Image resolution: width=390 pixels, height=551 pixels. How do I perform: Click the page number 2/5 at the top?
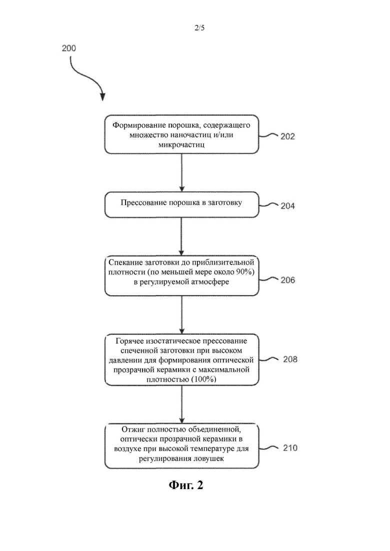[x=199, y=28]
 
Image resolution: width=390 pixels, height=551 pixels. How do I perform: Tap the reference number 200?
[x=69, y=48]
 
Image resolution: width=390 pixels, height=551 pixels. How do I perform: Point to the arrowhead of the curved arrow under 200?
[x=102, y=97]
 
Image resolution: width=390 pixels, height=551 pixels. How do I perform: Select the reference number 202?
[x=287, y=136]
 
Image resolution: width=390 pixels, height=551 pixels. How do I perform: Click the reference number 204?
[x=287, y=206]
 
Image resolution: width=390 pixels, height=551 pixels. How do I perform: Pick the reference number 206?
[x=287, y=280]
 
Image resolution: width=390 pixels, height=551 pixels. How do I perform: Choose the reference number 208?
[x=290, y=359]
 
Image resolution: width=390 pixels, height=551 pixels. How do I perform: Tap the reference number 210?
[x=290, y=448]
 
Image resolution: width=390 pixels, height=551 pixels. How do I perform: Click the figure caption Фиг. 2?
[x=186, y=485]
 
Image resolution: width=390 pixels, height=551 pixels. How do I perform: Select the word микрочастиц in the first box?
[x=181, y=144]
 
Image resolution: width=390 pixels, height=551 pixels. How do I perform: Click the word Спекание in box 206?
[x=125, y=262]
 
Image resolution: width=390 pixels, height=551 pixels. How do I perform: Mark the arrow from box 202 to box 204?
[x=181, y=172]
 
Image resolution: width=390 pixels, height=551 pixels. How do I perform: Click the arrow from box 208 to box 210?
[x=181, y=405]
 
